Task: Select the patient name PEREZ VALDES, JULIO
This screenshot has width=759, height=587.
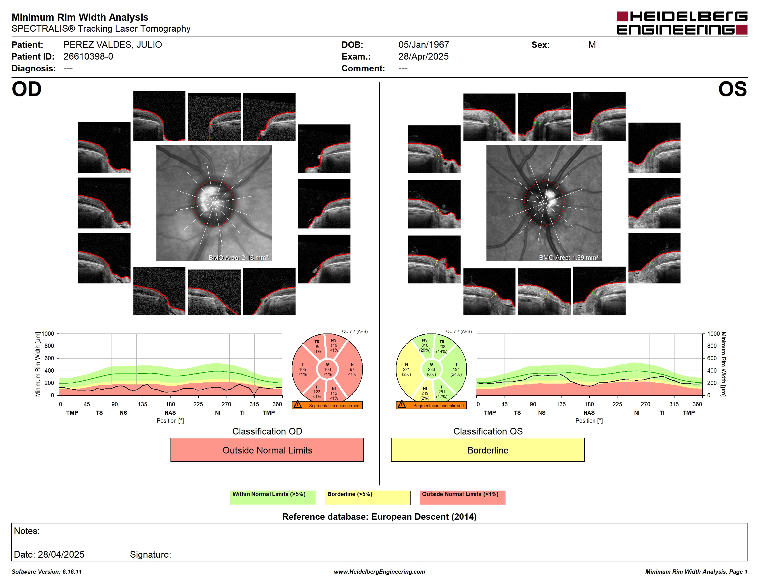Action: point(113,45)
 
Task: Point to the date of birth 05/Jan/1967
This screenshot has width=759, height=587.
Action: point(424,45)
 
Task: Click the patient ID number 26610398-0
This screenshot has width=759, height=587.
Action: point(88,57)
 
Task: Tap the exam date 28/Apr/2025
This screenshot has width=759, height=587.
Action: point(423,57)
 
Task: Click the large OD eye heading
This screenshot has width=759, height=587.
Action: point(27,89)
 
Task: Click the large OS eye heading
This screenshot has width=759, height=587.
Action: point(733,89)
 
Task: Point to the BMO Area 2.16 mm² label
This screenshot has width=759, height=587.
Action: point(238,258)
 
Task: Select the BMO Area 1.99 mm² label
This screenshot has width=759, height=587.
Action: point(569,258)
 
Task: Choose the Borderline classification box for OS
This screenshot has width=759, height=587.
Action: point(488,450)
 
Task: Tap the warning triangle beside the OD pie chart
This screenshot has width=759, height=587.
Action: point(298,405)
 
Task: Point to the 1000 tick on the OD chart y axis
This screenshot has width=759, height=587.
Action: point(48,334)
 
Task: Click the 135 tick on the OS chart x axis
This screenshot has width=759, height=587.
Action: point(561,404)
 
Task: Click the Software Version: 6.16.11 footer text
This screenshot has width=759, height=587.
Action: point(47,572)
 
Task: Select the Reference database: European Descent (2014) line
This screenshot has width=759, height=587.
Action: point(379,517)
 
